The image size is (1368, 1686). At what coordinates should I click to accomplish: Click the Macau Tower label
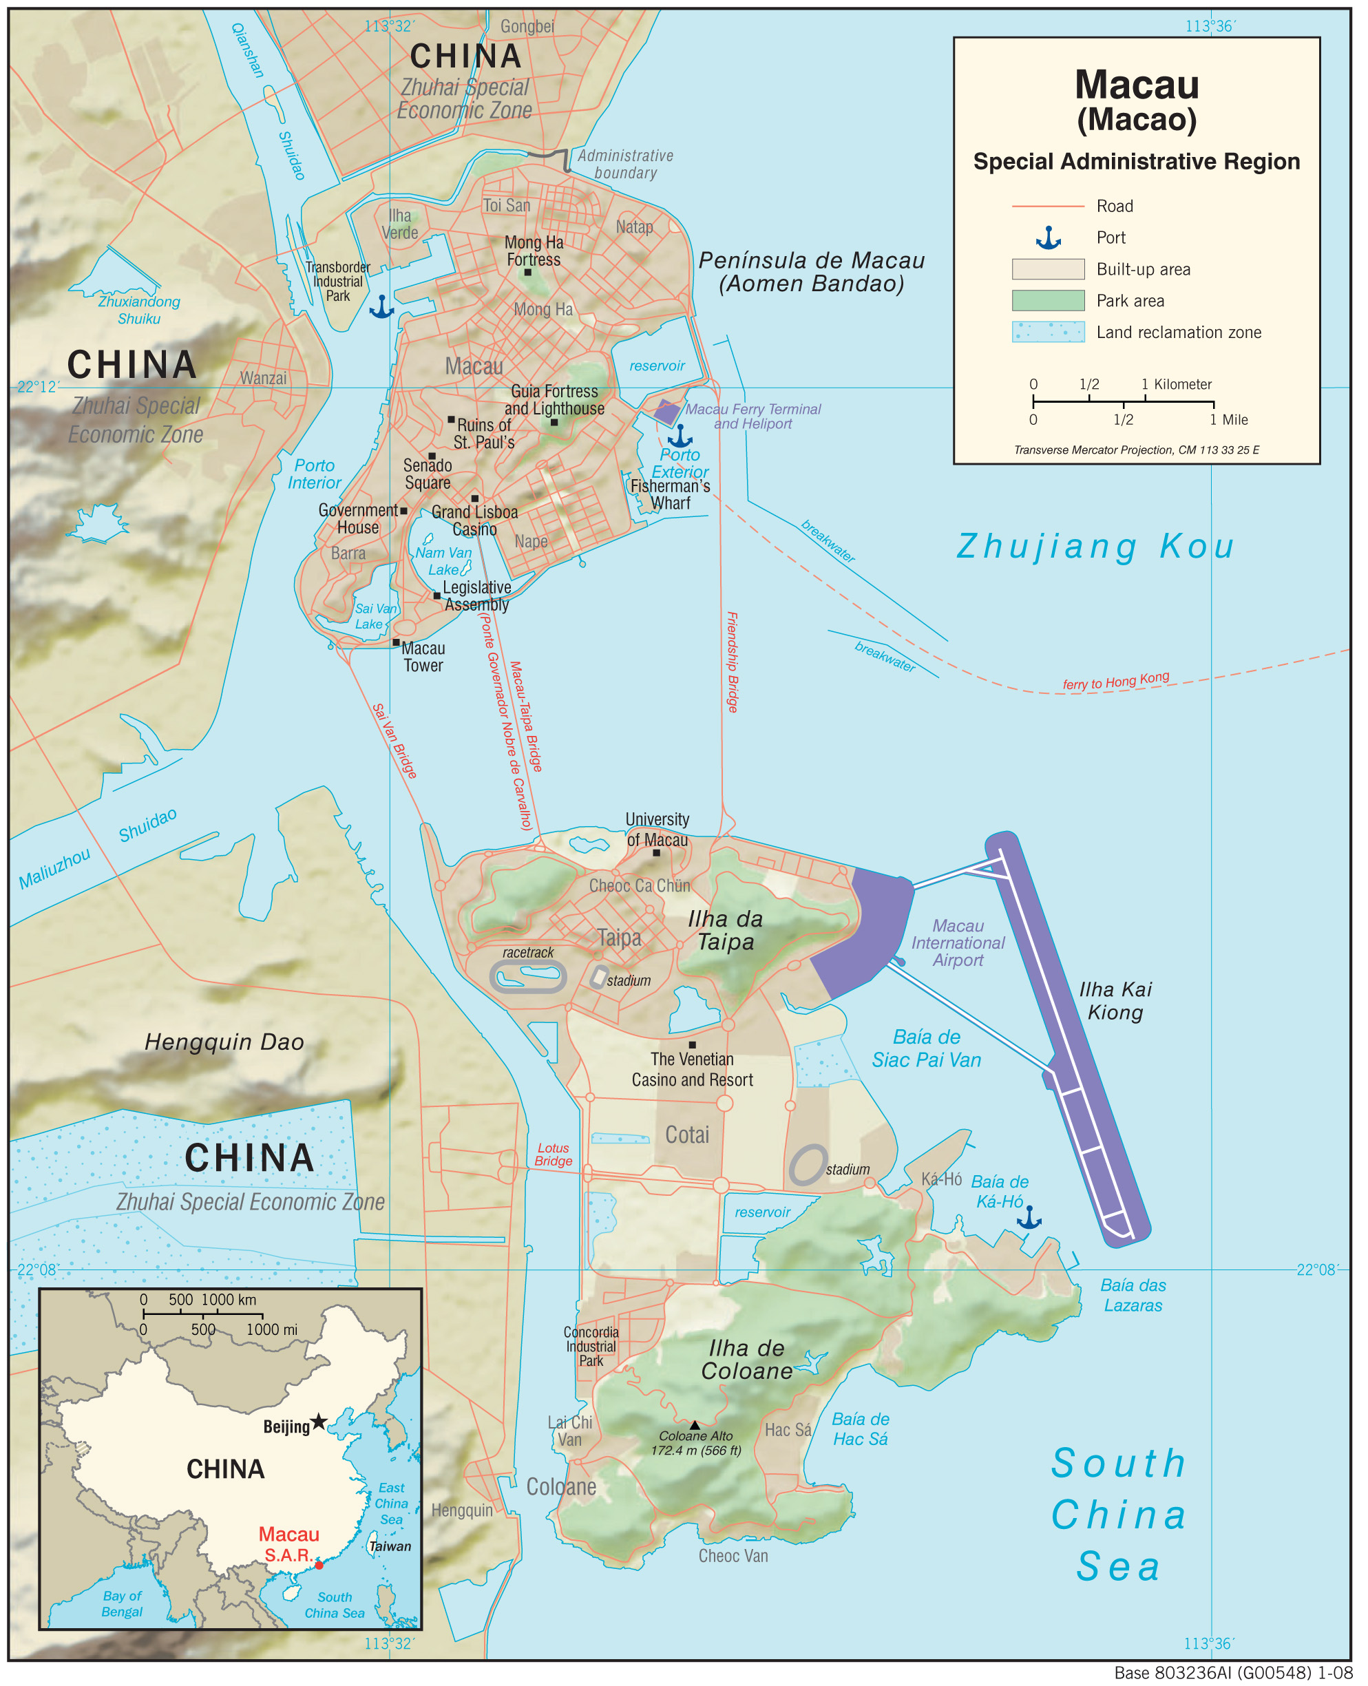(x=423, y=656)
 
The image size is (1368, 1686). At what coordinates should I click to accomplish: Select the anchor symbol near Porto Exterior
(x=680, y=436)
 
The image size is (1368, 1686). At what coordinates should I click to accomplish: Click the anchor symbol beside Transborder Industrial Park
(x=381, y=306)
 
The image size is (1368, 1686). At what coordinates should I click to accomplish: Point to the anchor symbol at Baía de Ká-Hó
(x=1029, y=1217)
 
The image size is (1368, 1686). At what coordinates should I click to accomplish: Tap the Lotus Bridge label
(x=553, y=1155)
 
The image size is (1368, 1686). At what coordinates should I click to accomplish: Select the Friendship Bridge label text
(x=732, y=662)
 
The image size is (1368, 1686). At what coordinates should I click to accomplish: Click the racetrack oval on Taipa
(x=528, y=976)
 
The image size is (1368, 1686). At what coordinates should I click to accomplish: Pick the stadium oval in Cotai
(x=808, y=1164)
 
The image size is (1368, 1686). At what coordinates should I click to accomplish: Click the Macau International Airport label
(x=958, y=942)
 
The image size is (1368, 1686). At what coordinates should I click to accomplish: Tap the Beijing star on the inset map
(x=317, y=1421)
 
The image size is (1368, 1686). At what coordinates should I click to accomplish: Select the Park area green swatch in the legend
(x=1047, y=300)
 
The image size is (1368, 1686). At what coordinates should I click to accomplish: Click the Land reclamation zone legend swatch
(x=1047, y=332)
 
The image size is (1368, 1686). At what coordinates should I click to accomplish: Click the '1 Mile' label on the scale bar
(x=1228, y=420)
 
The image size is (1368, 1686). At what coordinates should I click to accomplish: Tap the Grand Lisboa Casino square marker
(x=474, y=498)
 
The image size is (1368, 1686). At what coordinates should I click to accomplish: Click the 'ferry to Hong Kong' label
(x=1115, y=681)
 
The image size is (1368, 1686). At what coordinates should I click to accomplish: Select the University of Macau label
(x=656, y=829)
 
